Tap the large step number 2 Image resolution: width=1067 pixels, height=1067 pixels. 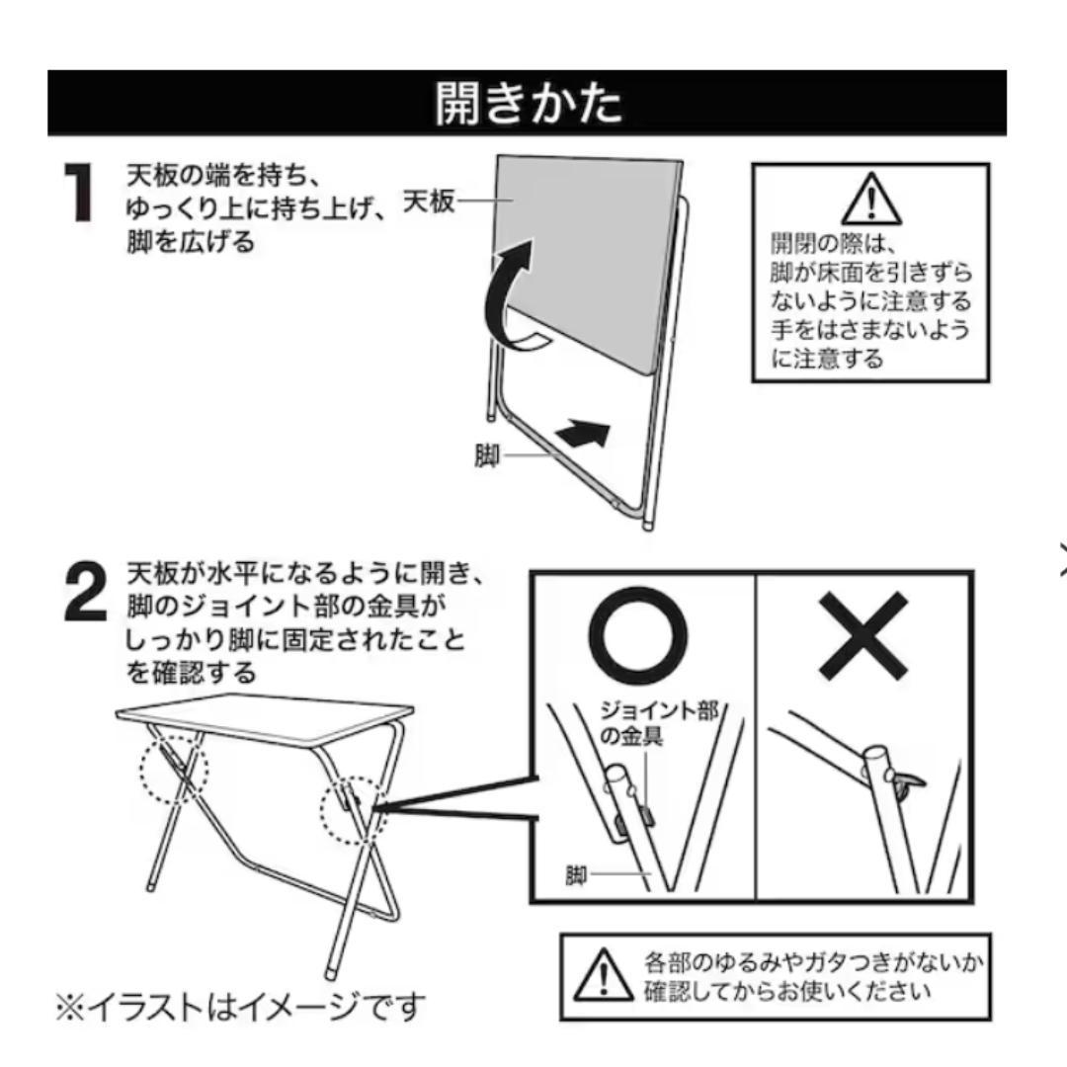tap(84, 594)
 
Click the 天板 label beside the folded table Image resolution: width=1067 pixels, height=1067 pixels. tap(428, 202)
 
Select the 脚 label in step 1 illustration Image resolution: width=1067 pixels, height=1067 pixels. tap(486, 456)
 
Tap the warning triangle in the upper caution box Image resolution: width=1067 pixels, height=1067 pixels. tap(869, 201)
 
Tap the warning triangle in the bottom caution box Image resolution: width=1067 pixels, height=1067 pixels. tap(601, 976)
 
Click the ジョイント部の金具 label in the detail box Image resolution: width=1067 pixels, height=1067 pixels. tap(657, 723)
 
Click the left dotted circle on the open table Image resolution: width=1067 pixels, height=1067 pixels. tap(173, 768)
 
